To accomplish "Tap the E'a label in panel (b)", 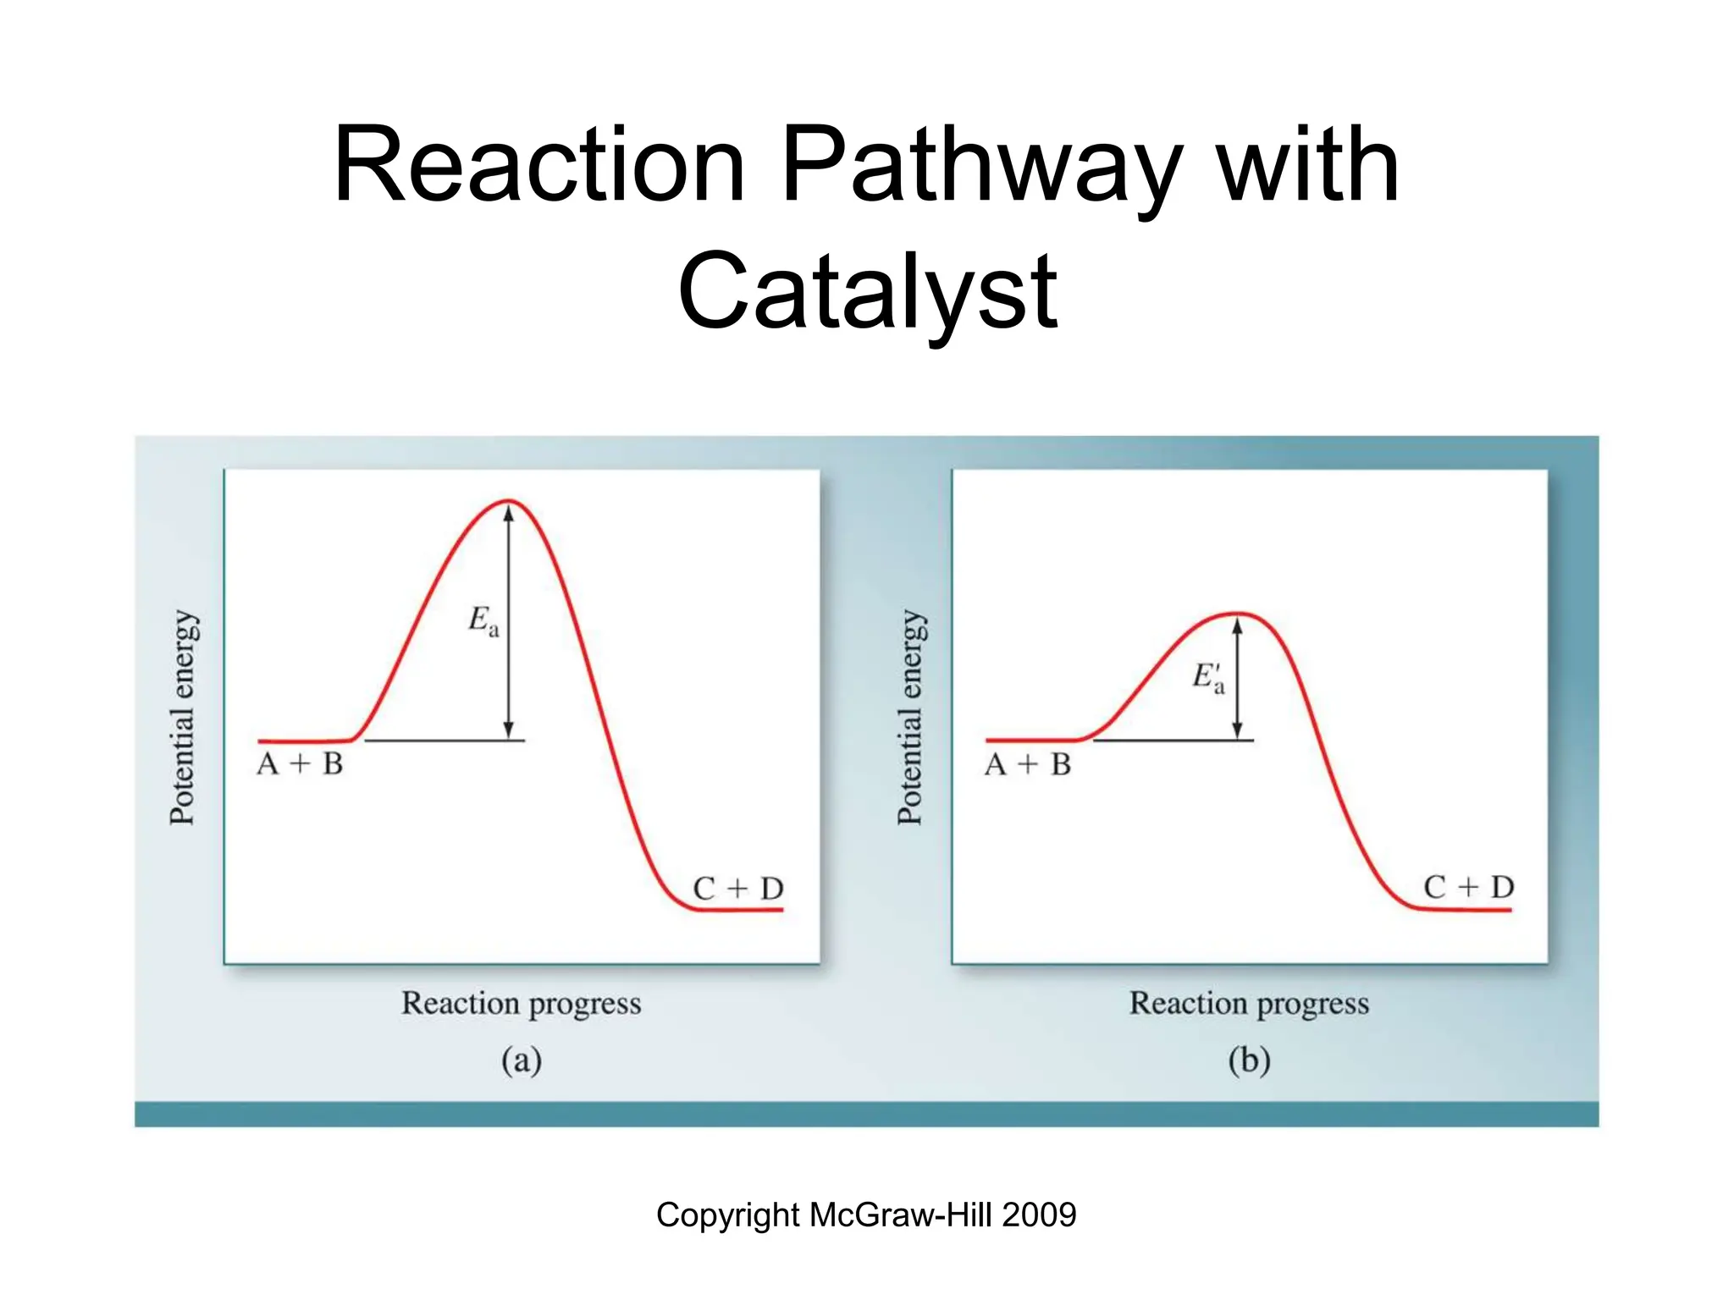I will [x=1208, y=677].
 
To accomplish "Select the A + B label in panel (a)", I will [x=300, y=764].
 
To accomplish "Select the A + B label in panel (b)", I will [x=1028, y=765].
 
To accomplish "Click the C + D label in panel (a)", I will [x=738, y=889].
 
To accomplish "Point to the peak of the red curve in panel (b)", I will [x=1237, y=614].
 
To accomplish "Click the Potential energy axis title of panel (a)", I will [x=183, y=717].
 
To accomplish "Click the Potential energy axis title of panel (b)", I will [x=911, y=717].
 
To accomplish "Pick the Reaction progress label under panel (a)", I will [x=521, y=1004].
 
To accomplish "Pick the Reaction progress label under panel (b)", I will [x=1249, y=1004].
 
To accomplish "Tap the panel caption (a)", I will [x=521, y=1060].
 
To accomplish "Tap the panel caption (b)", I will [x=1249, y=1060].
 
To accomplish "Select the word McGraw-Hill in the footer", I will [x=901, y=1215].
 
